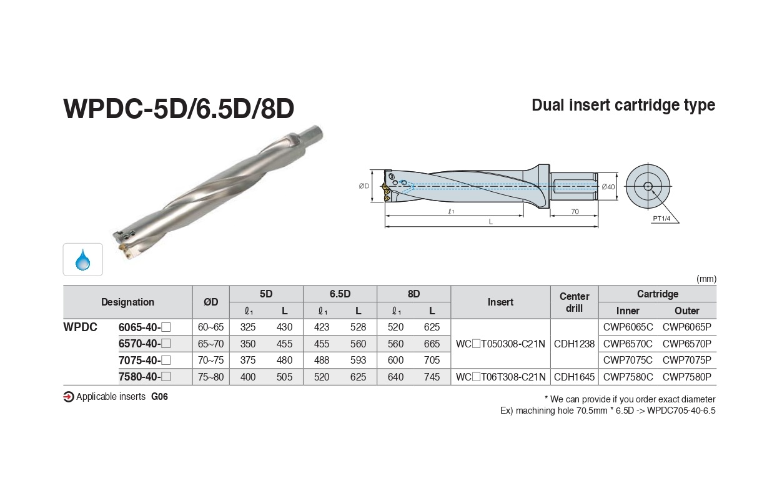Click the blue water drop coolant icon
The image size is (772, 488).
82,260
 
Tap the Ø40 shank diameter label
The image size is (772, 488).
608,187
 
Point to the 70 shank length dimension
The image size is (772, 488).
575,211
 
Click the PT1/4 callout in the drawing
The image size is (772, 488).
661,218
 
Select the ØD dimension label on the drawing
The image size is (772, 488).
364,186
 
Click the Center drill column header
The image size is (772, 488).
574,302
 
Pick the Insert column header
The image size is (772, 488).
500,302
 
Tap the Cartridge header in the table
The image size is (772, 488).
658,294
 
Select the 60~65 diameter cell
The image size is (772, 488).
210,327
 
